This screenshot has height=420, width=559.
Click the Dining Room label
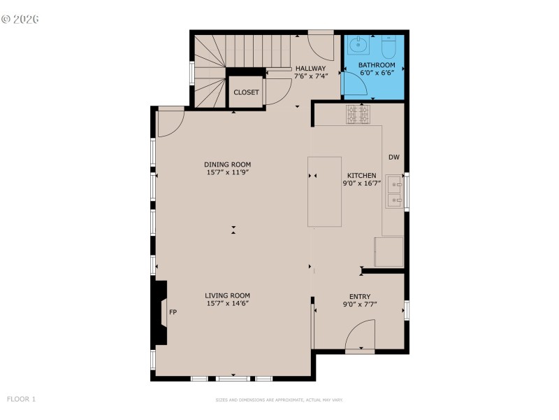227,164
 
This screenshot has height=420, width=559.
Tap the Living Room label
227,295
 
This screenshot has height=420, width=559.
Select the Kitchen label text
362,176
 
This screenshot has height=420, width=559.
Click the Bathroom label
376,64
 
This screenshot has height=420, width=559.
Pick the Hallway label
310,68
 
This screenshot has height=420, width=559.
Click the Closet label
246,92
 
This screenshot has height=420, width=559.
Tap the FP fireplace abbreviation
173,312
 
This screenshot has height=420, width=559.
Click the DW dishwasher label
394,157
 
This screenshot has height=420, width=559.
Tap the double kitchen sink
394,192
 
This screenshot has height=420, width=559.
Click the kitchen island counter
324,191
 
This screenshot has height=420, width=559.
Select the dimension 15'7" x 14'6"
227,303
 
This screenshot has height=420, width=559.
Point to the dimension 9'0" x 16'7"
362,183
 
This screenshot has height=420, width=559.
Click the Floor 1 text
21,399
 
